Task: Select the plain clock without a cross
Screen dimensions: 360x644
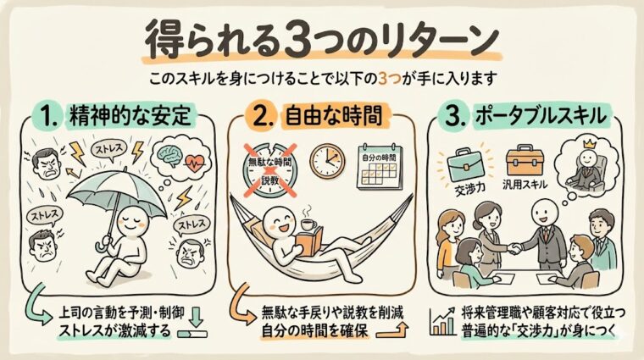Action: click(327, 160)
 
